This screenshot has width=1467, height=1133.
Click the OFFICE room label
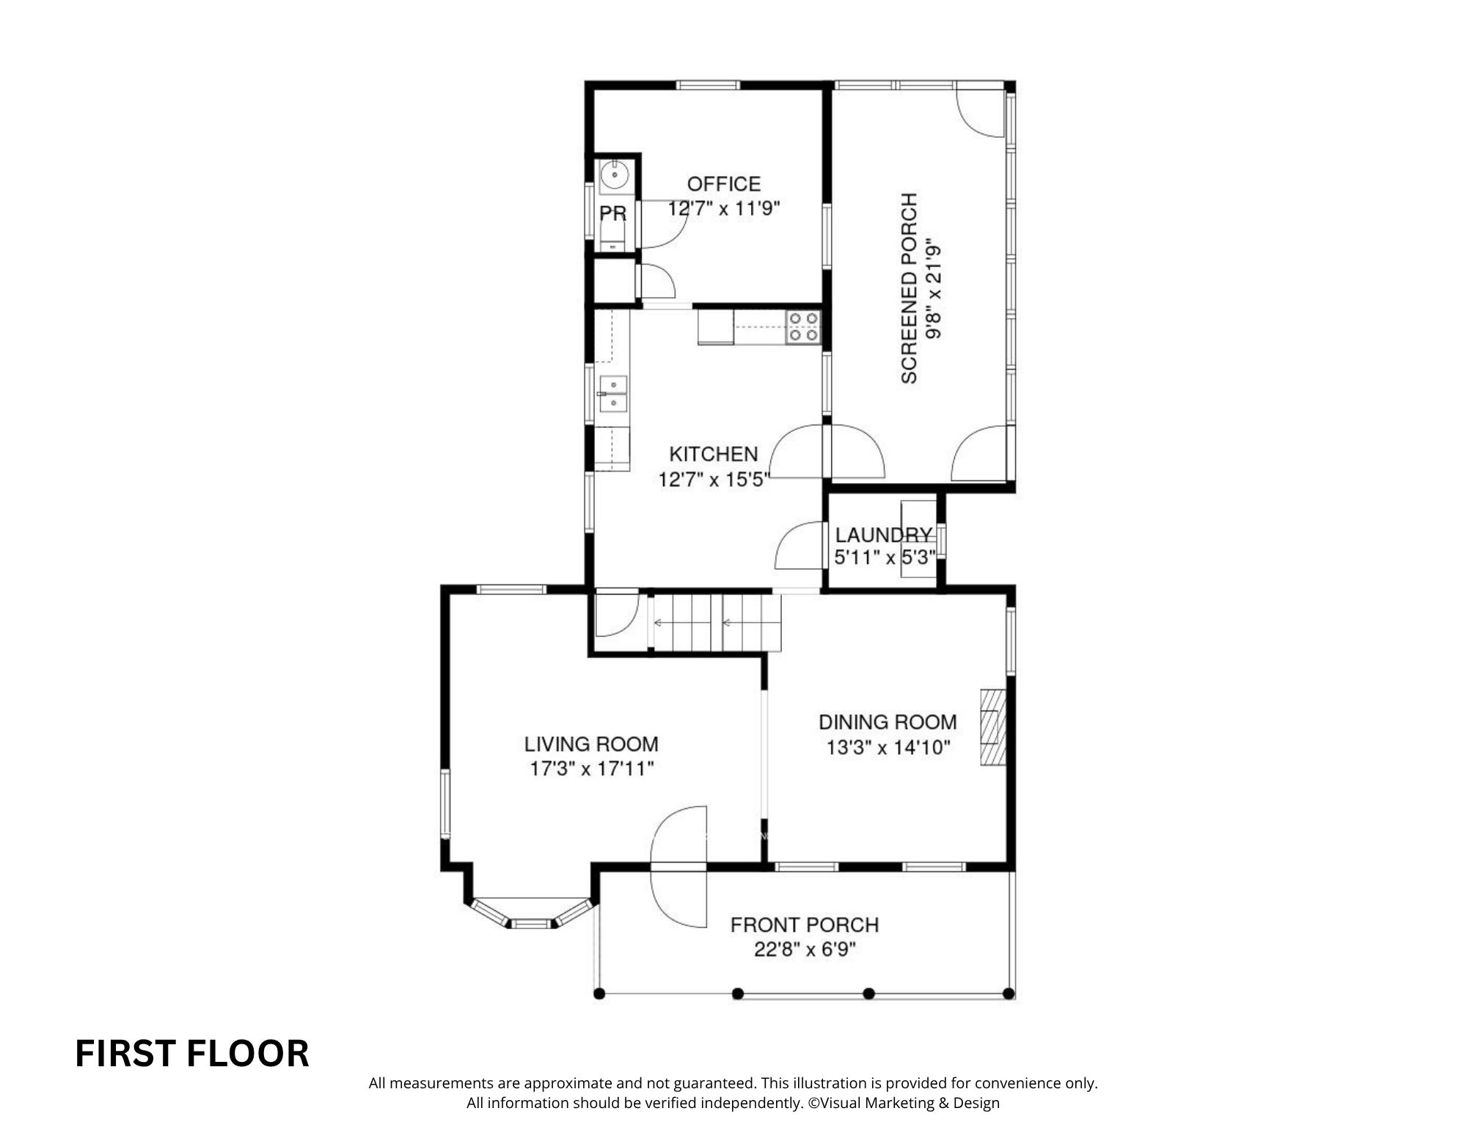[723, 183]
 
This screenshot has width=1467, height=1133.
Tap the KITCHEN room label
[713, 454]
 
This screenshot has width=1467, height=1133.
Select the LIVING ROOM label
[591, 744]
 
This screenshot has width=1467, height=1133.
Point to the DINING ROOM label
[888, 722]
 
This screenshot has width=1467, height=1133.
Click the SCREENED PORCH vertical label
[909, 287]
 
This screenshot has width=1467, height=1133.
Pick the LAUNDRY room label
[884, 535]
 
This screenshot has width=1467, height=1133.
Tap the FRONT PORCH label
[805, 925]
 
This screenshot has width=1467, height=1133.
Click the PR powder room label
[613, 213]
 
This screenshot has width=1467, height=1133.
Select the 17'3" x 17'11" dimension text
[591, 769]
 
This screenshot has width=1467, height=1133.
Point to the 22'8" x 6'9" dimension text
[805, 950]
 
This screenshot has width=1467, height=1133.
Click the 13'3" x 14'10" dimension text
[888, 747]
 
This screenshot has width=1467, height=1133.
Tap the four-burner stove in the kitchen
[803, 327]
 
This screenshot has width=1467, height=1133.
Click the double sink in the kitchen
[612, 395]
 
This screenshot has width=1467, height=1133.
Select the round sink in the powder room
[613, 176]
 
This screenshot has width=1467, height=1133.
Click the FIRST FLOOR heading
[192, 1054]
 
